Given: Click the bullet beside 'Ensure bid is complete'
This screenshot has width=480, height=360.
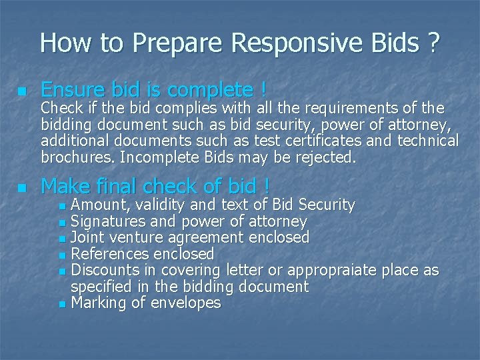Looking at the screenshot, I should pos(23,91).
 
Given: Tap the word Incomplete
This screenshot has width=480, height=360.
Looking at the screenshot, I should pos(164,157).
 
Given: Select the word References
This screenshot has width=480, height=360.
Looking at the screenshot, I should pos(110,254).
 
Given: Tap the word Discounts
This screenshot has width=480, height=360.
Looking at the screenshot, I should pos(105,270).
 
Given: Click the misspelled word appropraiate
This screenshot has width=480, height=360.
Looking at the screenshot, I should pos(344,270).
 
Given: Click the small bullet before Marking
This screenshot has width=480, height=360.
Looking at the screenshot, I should pos(62,304).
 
